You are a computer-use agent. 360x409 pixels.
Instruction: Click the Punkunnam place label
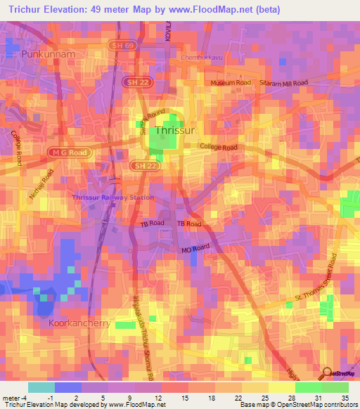point(48,53)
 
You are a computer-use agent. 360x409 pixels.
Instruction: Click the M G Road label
point(69,152)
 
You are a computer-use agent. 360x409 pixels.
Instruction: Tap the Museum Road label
point(231,83)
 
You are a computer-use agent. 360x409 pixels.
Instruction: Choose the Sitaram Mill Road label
point(285,83)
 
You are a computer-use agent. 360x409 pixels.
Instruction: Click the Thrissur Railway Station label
point(112,197)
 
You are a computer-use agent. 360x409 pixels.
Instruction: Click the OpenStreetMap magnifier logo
point(327,373)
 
